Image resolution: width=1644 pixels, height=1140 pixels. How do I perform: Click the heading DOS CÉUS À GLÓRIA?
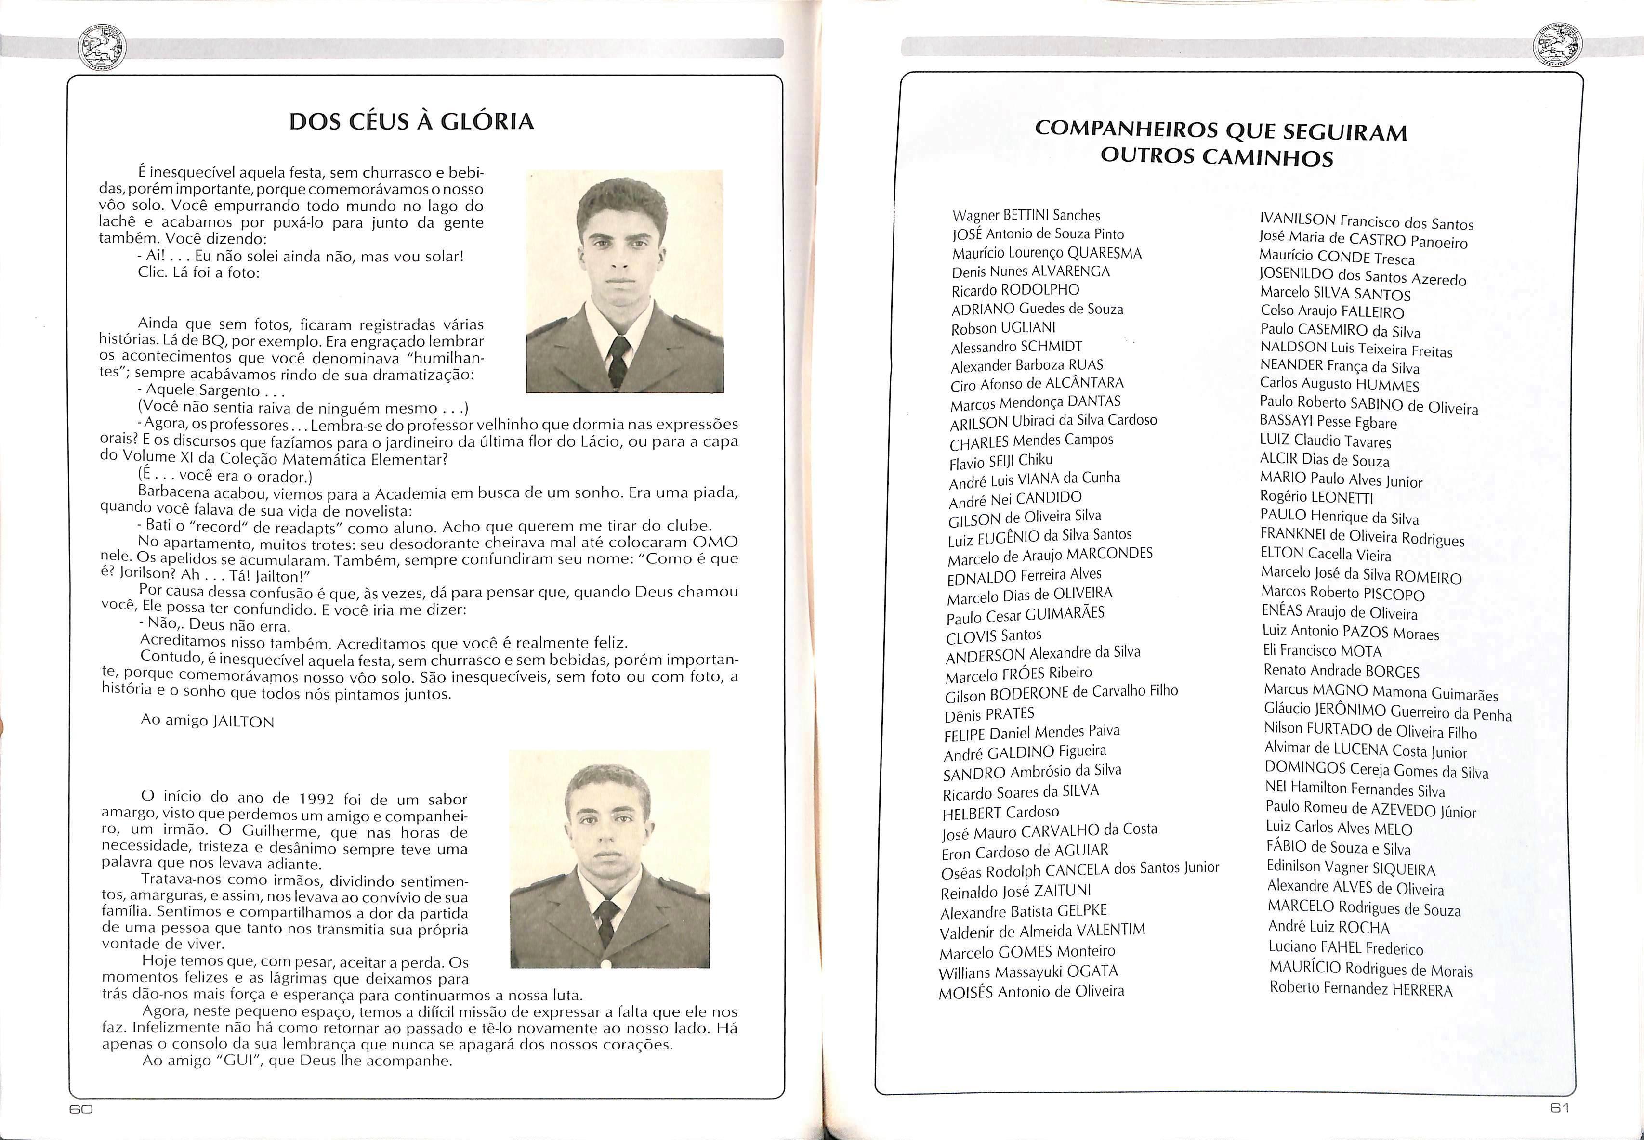(x=411, y=121)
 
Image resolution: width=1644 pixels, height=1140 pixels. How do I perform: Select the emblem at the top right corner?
(x=1558, y=48)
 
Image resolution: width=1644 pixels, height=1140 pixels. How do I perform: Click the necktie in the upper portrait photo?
(x=618, y=361)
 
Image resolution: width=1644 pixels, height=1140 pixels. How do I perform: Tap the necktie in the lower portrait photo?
(x=606, y=921)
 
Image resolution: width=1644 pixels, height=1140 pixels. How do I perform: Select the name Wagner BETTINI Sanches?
(x=1026, y=216)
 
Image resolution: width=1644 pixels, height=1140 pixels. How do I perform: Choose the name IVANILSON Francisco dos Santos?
(x=1366, y=222)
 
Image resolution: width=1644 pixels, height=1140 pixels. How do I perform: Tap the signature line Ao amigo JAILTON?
(x=207, y=721)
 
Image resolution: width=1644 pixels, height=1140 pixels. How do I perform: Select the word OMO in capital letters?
(x=715, y=542)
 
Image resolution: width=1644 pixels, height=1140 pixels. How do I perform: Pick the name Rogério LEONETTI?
(x=1316, y=498)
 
